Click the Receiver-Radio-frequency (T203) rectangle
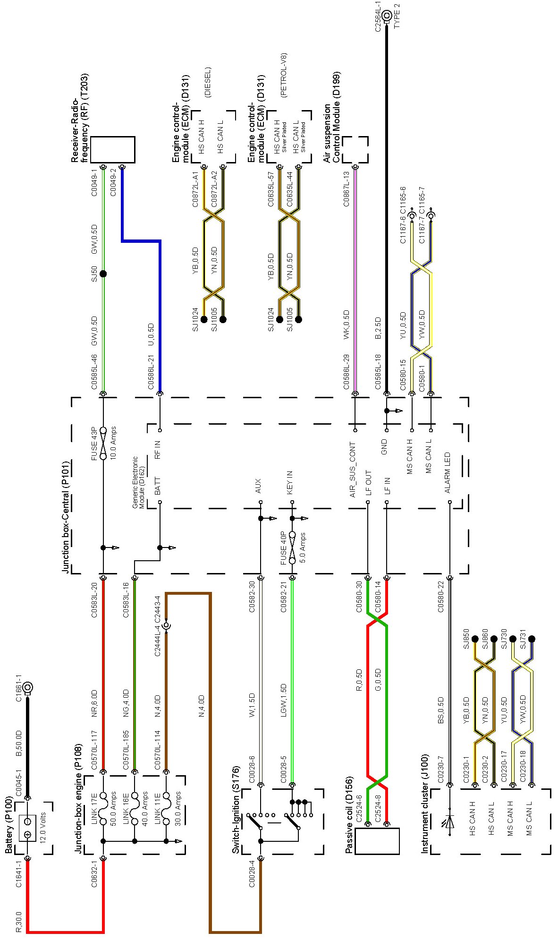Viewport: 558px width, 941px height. [112, 150]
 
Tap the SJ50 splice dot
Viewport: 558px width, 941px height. [103, 274]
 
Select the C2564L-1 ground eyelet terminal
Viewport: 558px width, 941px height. [387, 16]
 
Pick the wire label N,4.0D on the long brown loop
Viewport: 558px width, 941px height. [201, 706]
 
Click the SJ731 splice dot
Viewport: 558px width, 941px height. [532, 639]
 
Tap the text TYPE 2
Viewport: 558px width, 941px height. [397, 17]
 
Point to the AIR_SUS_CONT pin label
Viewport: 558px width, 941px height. [353, 470]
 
